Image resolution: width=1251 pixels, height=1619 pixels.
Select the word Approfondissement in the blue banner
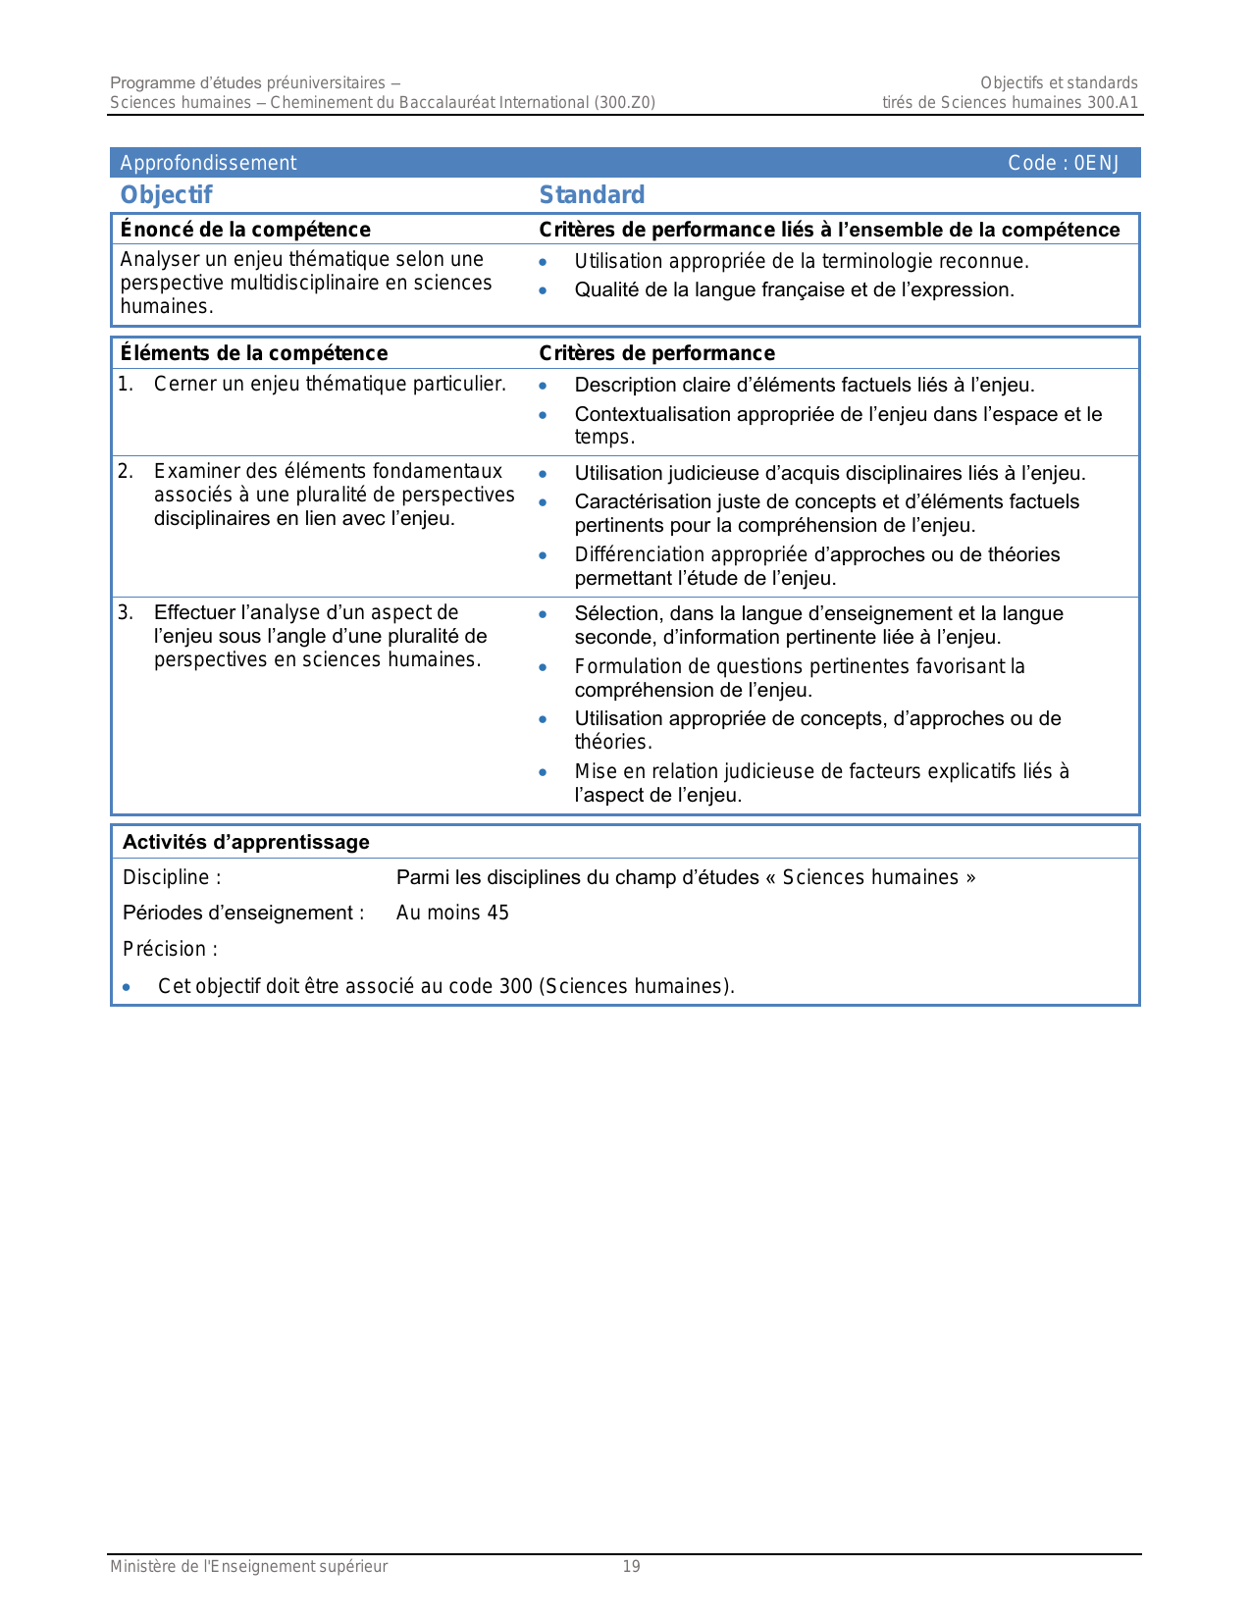208,163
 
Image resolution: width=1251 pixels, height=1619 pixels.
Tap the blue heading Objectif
166,195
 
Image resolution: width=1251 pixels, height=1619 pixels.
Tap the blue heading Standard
592,195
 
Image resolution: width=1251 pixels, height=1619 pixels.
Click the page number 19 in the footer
632,1567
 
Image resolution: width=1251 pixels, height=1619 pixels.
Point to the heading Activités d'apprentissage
245,842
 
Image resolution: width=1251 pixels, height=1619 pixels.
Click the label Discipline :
172,877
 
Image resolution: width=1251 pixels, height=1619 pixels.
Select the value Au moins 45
452,913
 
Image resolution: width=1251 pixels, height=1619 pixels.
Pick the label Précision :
170,949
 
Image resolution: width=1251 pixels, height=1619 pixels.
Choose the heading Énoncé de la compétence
245,230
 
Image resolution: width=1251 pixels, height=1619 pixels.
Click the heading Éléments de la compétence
254,353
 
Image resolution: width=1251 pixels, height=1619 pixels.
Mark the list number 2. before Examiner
126,472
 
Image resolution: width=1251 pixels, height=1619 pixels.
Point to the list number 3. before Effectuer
126,613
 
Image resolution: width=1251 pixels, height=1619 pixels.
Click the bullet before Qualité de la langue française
543,290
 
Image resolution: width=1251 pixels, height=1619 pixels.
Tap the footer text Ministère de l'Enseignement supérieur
248,1567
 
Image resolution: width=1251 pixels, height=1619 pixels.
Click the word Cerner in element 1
183,384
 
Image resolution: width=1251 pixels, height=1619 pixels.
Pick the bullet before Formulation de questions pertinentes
543,667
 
